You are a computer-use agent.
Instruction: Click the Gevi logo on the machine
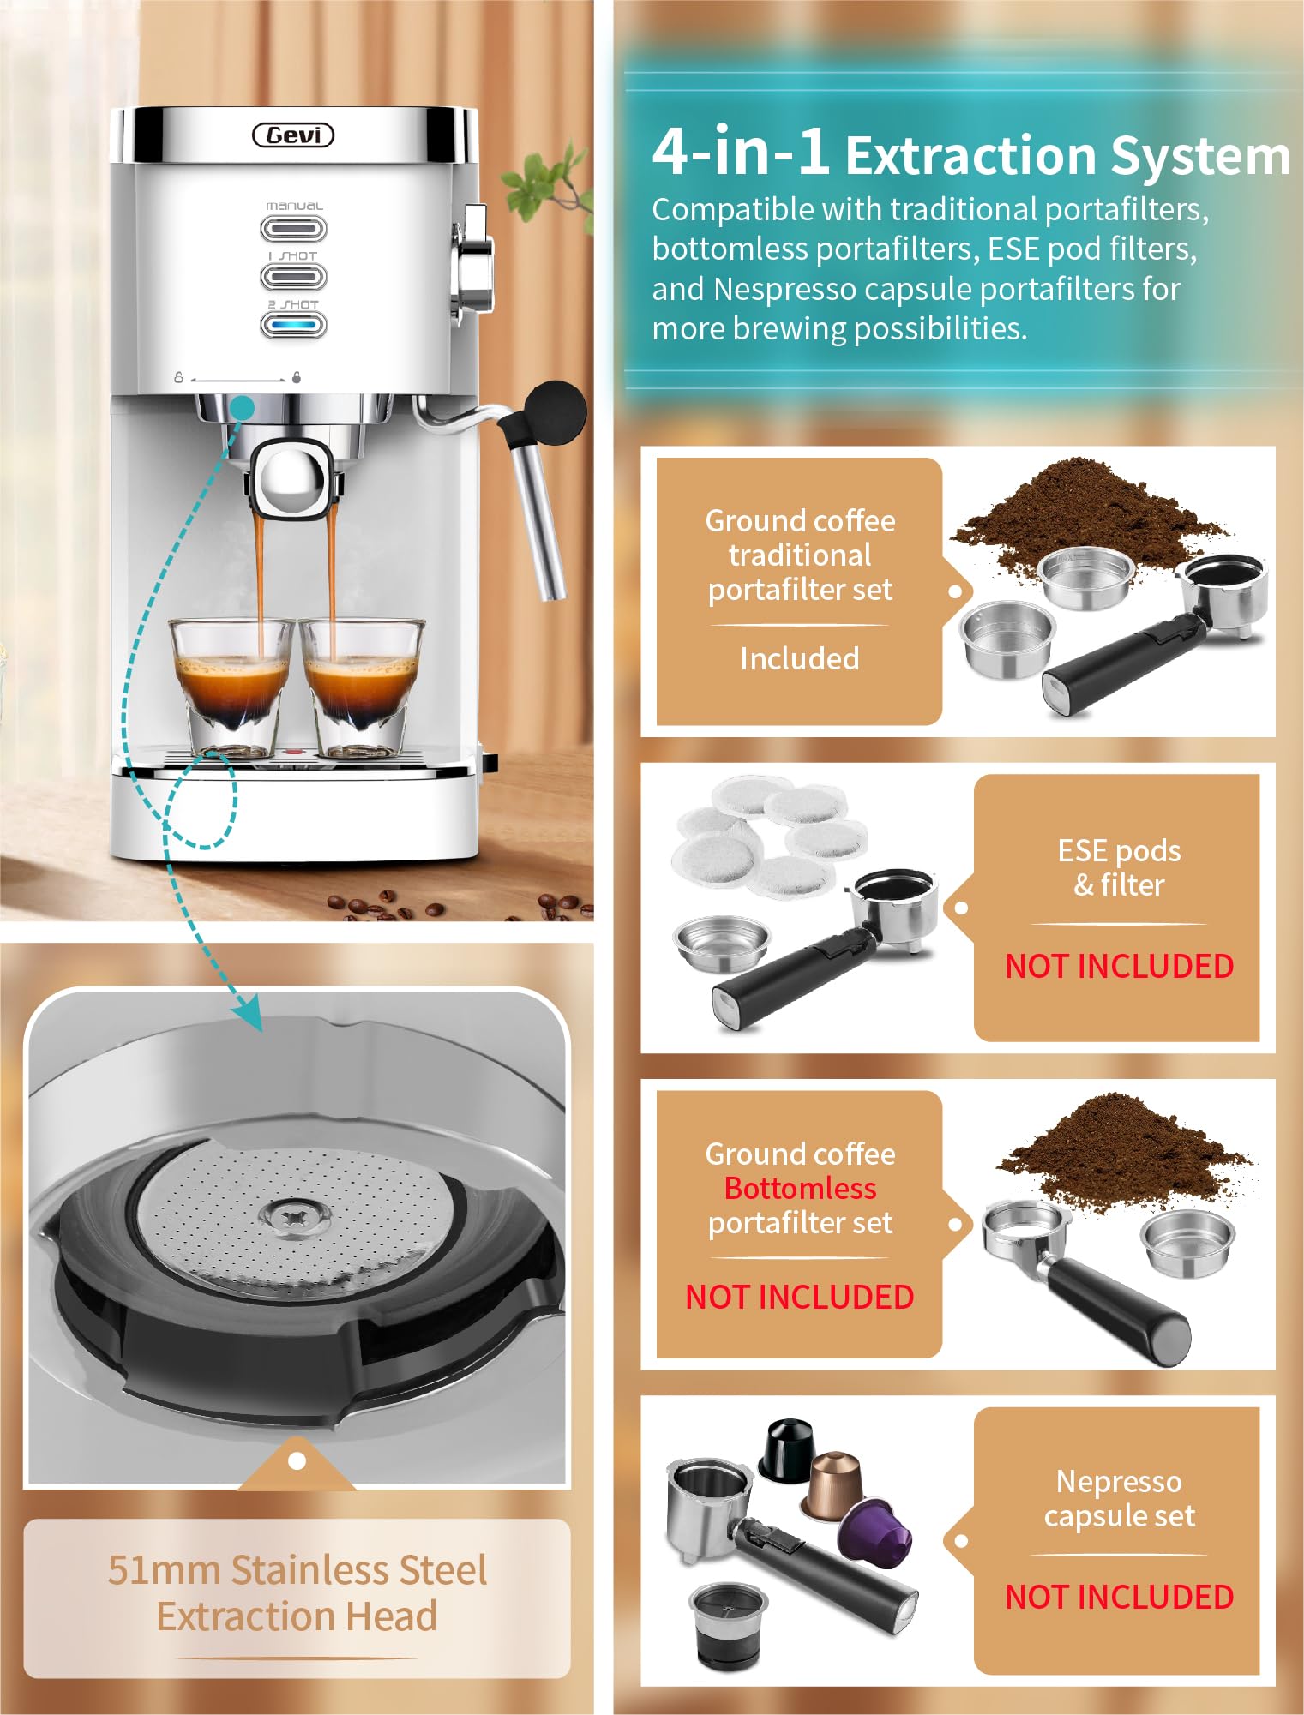pos(293,135)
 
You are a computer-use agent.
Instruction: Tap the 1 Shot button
pos(293,276)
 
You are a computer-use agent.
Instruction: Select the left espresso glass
pos(231,688)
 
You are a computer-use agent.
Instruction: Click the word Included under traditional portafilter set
pos(800,658)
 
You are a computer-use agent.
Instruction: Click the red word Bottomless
pos(800,1188)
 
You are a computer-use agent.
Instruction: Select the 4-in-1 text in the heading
pos(741,151)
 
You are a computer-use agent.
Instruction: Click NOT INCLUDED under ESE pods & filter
pos(1119,966)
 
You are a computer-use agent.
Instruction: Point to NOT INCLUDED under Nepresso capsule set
pos(1119,1597)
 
